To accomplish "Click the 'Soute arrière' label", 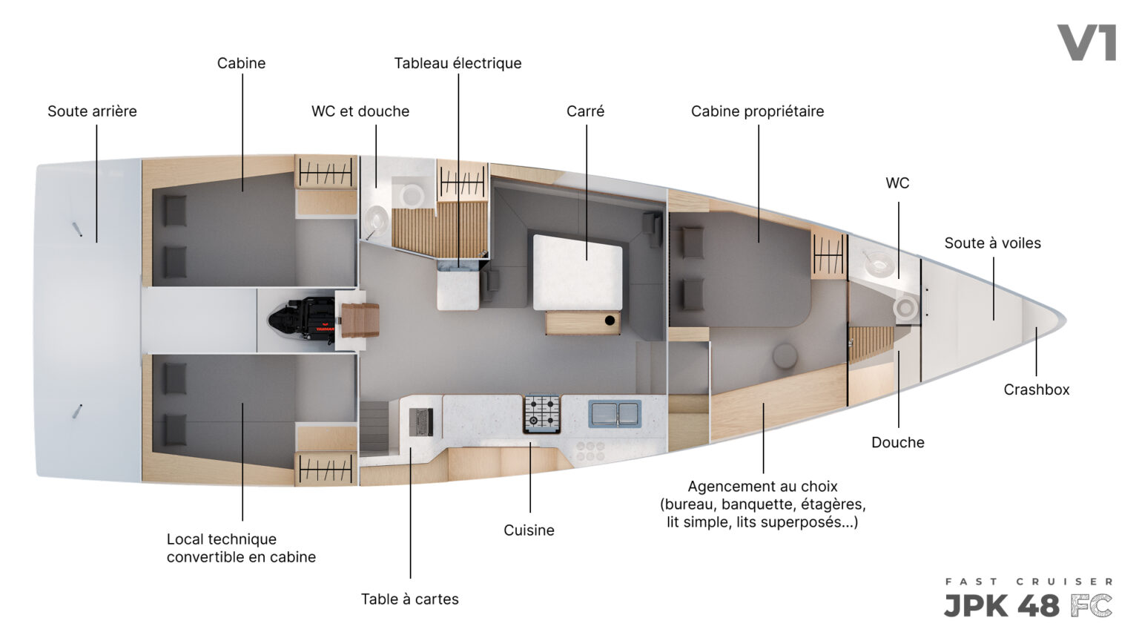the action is tap(92, 111).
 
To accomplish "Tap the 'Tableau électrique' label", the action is tap(458, 64).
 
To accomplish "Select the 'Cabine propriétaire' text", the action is tap(757, 111).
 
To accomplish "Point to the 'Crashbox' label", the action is tap(1036, 389).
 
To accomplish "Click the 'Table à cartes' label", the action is tap(410, 599).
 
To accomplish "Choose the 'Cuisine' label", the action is tap(529, 530).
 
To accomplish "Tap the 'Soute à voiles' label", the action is tap(993, 243).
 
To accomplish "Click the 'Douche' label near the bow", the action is tap(898, 443).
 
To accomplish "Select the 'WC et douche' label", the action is tap(360, 111).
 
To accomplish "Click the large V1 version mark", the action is tap(1087, 43).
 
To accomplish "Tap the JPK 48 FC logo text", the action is tap(1029, 606).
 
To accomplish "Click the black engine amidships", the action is tap(302, 319).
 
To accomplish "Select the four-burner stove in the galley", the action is tap(542, 413).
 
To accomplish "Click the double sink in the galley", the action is tap(615, 413).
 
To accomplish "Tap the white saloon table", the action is tap(578, 272).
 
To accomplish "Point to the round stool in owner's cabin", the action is tap(785, 355).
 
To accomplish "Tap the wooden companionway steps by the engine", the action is tap(360, 320).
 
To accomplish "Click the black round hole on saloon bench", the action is tap(610, 320).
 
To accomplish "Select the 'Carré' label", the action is tap(585, 111).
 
